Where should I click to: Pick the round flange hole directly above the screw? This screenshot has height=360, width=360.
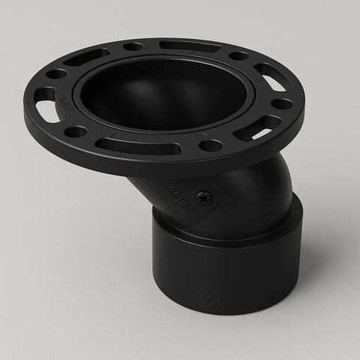tap(212, 144)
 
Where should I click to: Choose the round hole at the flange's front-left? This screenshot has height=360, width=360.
tap(76, 132)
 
